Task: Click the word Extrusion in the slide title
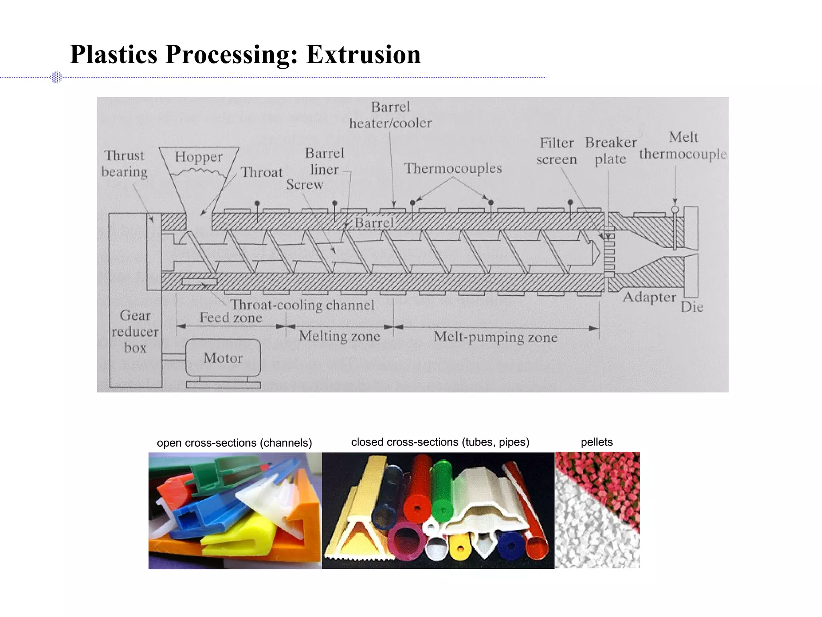click(x=363, y=55)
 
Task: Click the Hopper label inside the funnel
click(x=198, y=157)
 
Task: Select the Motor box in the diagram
click(x=223, y=358)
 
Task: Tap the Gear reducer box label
click(x=135, y=332)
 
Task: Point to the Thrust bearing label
click(x=124, y=164)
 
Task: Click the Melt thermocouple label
click(x=683, y=145)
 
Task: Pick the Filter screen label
click(x=556, y=151)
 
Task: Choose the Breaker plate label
click(x=610, y=151)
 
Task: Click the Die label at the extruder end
click(x=692, y=307)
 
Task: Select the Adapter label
click(x=649, y=298)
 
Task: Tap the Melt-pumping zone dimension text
click(x=495, y=337)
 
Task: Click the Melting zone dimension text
click(x=339, y=336)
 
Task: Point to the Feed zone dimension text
click(x=231, y=318)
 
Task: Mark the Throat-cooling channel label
click(x=302, y=305)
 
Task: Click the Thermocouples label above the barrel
click(x=453, y=168)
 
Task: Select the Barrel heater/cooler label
click(x=390, y=115)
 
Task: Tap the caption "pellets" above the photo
click(x=596, y=442)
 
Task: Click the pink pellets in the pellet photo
click(x=610, y=478)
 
